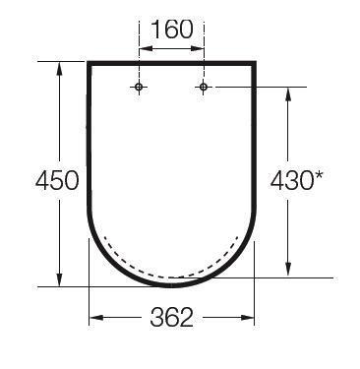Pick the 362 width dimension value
pos(172,318)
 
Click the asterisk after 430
pos(320,175)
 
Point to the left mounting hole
pos(139,88)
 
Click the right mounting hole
pos(204,88)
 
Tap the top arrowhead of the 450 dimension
pos(60,68)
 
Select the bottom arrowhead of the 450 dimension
pos(60,281)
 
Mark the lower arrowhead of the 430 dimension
pos(288,271)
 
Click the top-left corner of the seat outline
pos(90,64)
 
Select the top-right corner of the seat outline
pos(255,64)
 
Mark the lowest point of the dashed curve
pos(172,277)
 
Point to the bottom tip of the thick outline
pos(172,285)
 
